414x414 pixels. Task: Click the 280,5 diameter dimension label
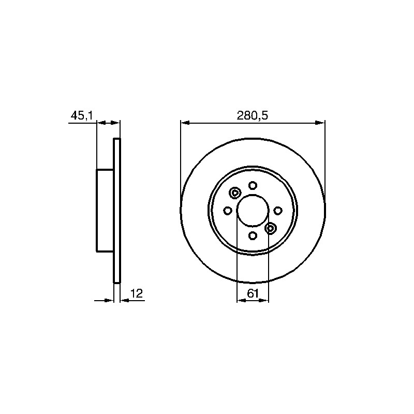pyautogui.click(x=252, y=115)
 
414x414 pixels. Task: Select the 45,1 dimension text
pyautogui.click(x=82, y=115)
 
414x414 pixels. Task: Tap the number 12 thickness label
pyautogui.click(x=137, y=293)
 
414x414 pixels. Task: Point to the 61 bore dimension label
pyautogui.click(x=253, y=293)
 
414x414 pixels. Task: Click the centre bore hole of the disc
pyautogui.click(x=253, y=211)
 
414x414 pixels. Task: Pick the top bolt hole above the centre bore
pyautogui.click(x=253, y=185)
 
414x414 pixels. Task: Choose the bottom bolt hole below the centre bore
pyautogui.click(x=253, y=235)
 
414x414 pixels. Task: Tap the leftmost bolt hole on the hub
pyautogui.click(x=228, y=211)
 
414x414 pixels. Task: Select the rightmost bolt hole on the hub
pyautogui.click(x=278, y=211)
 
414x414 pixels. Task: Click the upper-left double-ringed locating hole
pyautogui.click(x=235, y=193)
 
